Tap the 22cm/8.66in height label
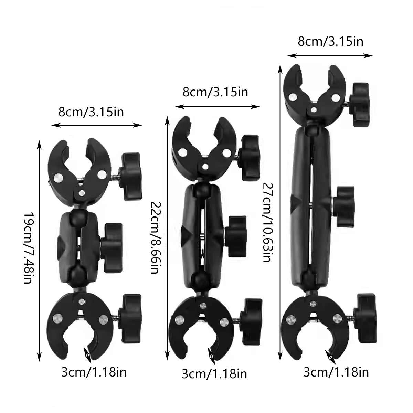coord(156,237)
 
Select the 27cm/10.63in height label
coord(267,222)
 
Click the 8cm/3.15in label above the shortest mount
coord(91,112)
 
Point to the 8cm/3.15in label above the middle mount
coord(215,92)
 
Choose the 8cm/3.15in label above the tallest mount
coord(330,42)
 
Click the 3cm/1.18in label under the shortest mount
coord(94,372)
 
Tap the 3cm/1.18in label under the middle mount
coord(214,373)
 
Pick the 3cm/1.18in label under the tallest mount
coord(336,372)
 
